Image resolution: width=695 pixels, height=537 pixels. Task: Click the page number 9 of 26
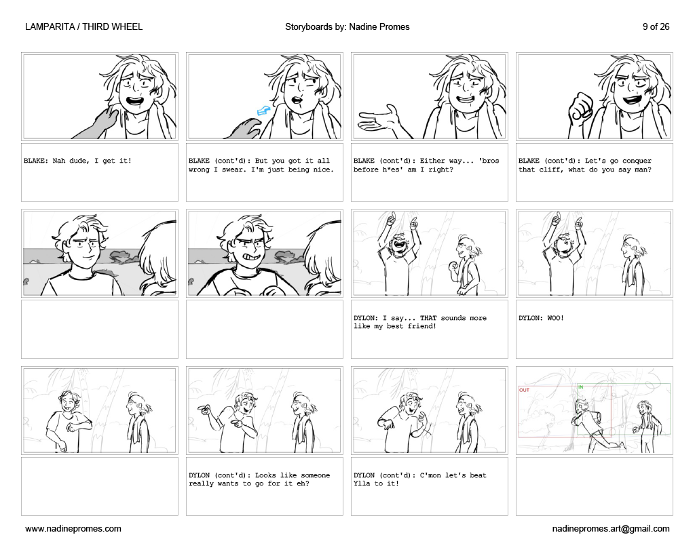(656, 27)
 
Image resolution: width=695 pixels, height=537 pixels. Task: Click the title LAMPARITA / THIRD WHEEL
(83, 27)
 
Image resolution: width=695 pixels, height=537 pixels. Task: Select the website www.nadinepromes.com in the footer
(73, 529)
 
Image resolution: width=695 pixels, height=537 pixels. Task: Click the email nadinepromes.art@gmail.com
(611, 529)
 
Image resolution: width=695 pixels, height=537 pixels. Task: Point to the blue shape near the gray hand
(263, 111)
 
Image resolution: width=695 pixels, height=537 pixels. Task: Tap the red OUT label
(525, 390)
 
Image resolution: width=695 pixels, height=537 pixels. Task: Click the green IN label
(581, 387)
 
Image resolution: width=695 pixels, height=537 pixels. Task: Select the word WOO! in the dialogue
(555, 318)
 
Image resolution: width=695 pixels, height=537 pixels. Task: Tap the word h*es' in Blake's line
(392, 170)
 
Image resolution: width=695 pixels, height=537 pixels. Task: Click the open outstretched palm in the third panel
(379, 118)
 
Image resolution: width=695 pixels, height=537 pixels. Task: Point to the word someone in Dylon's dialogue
(316, 475)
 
